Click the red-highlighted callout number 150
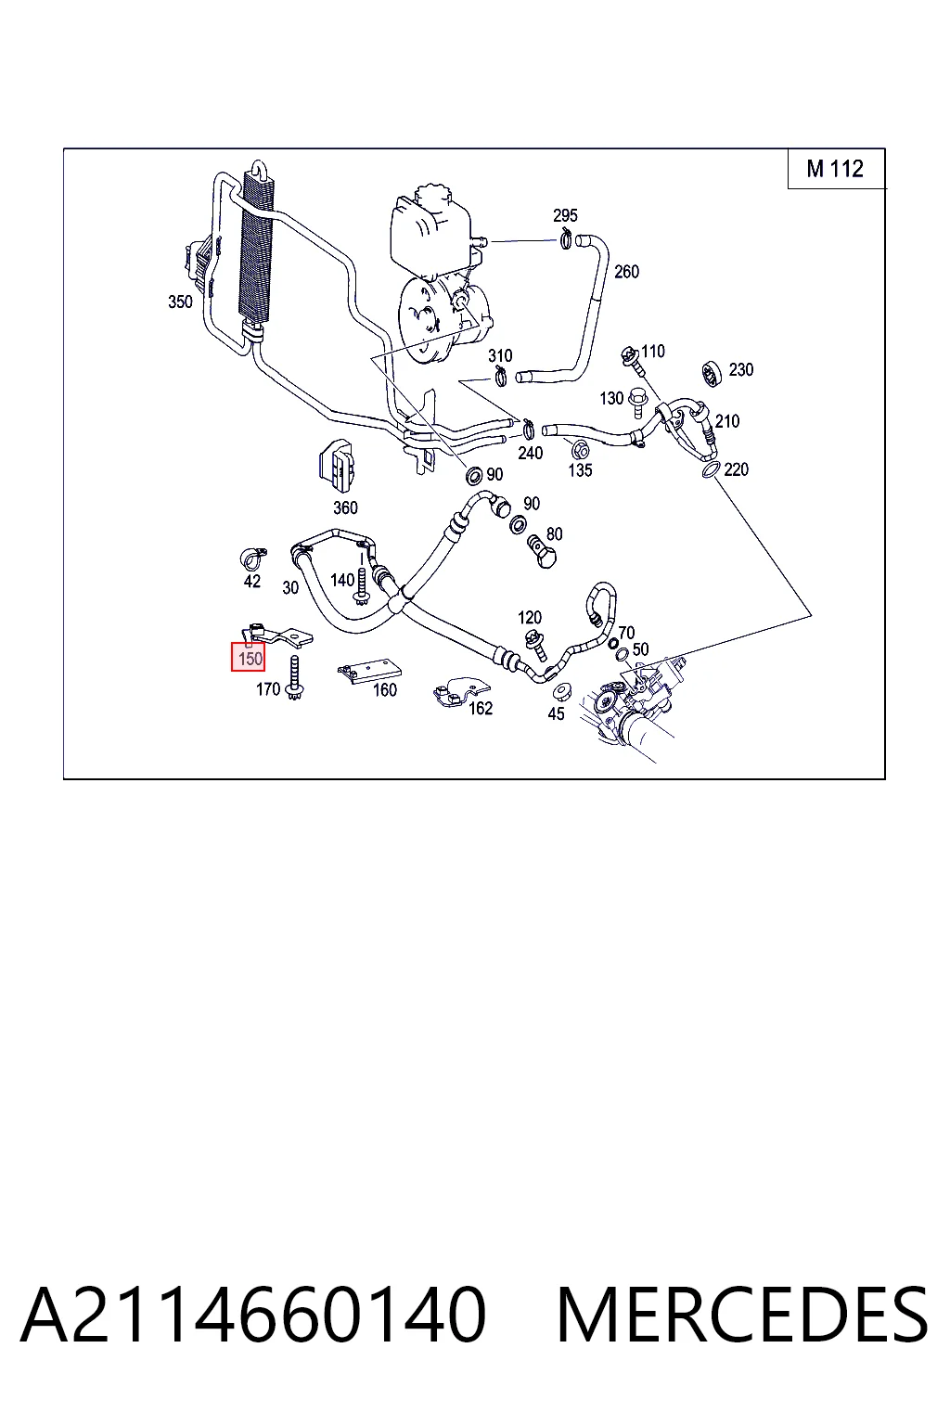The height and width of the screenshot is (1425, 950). click(248, 658)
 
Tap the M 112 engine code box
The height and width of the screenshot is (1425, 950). click(836, 169)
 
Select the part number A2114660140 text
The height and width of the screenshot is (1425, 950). click(254, 1316)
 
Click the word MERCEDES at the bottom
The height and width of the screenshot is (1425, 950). click(742, 1316)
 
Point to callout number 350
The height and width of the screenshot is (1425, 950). click(180, 302)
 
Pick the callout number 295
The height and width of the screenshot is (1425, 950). click(565, 215)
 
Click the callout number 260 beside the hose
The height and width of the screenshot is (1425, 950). click(626, 272)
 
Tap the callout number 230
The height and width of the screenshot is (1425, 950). click(740, 369)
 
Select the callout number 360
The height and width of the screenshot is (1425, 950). click(345, 507)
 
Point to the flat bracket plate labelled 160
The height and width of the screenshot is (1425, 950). click(369, 671)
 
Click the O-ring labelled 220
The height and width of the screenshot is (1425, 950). click(711, 470)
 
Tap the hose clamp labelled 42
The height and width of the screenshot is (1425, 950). click(252, 558)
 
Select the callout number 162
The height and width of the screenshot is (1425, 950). click(481, 708)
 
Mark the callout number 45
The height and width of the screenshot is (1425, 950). click(556, 713)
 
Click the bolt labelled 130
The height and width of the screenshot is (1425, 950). click(636, 403)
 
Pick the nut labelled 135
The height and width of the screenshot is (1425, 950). click(579, 450)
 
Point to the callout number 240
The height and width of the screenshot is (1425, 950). click(530, 453)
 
